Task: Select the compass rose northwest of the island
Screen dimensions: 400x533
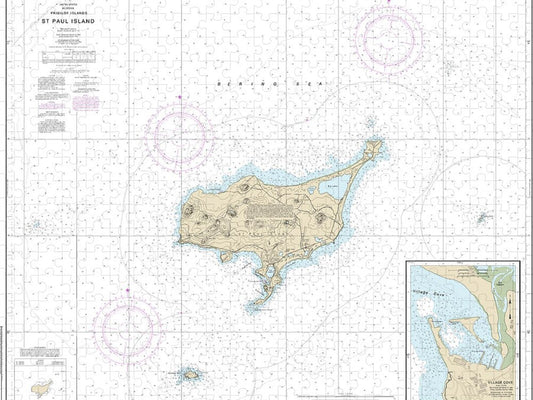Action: (x=179, y=133)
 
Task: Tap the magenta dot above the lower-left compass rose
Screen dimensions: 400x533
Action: (x=128, y=289)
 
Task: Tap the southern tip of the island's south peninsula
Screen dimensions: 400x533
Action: (x=258, y=303)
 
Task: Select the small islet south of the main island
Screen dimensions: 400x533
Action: (x=189, y=375)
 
